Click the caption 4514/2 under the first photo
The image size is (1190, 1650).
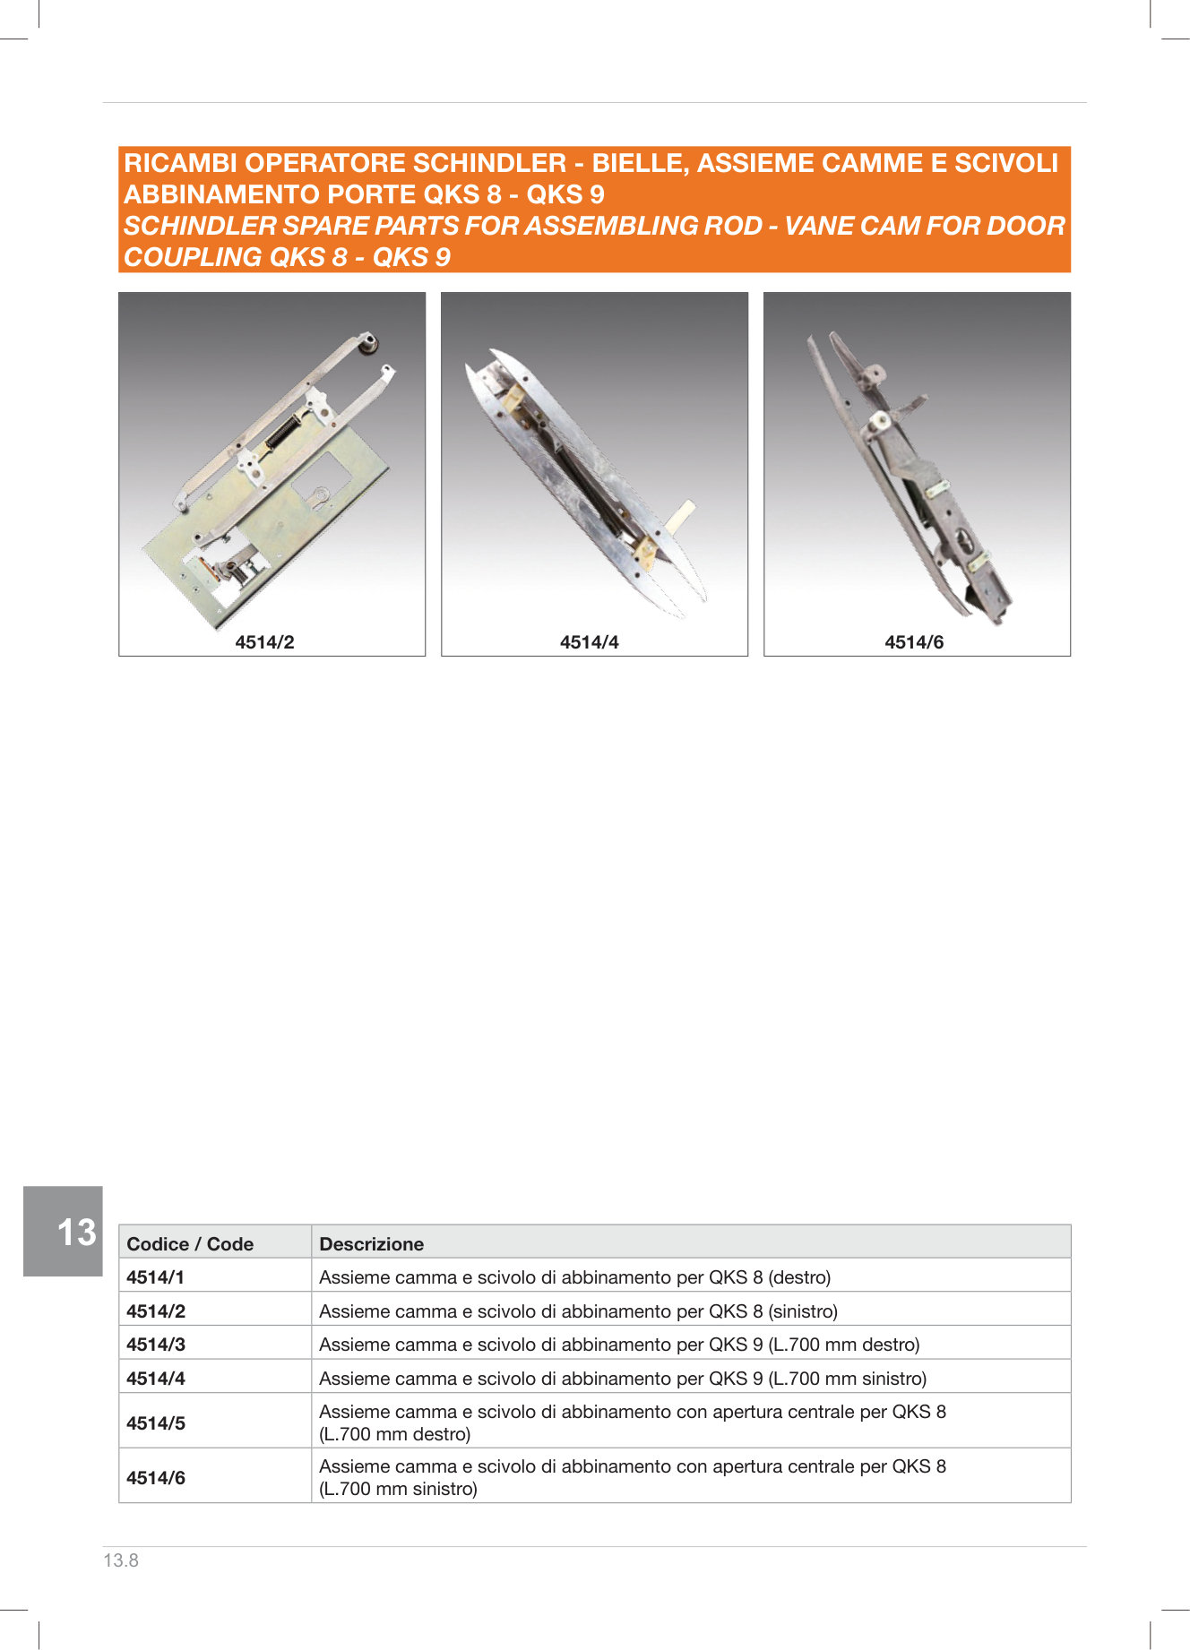pos(264,642)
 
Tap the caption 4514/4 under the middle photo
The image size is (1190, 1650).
pos(589,642)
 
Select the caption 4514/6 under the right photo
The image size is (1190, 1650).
pos(914,642)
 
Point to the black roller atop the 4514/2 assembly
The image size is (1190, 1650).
pos(369,343)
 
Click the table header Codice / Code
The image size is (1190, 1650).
pos(190,1243)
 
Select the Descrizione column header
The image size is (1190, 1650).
pos(371,1243)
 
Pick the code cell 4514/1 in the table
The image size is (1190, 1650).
pos(155,1276)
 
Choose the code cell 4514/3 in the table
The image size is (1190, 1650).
pos(156,1344)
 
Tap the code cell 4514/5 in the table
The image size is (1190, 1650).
pos(156,1422)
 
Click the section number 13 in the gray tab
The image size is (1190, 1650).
pos(76,1233)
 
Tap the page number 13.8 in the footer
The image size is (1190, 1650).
pos(121,1560)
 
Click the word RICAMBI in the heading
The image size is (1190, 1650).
pos(181,163)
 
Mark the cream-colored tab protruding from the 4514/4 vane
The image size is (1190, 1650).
pos(683,518)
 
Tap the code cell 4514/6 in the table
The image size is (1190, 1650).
pos(156,1478)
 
